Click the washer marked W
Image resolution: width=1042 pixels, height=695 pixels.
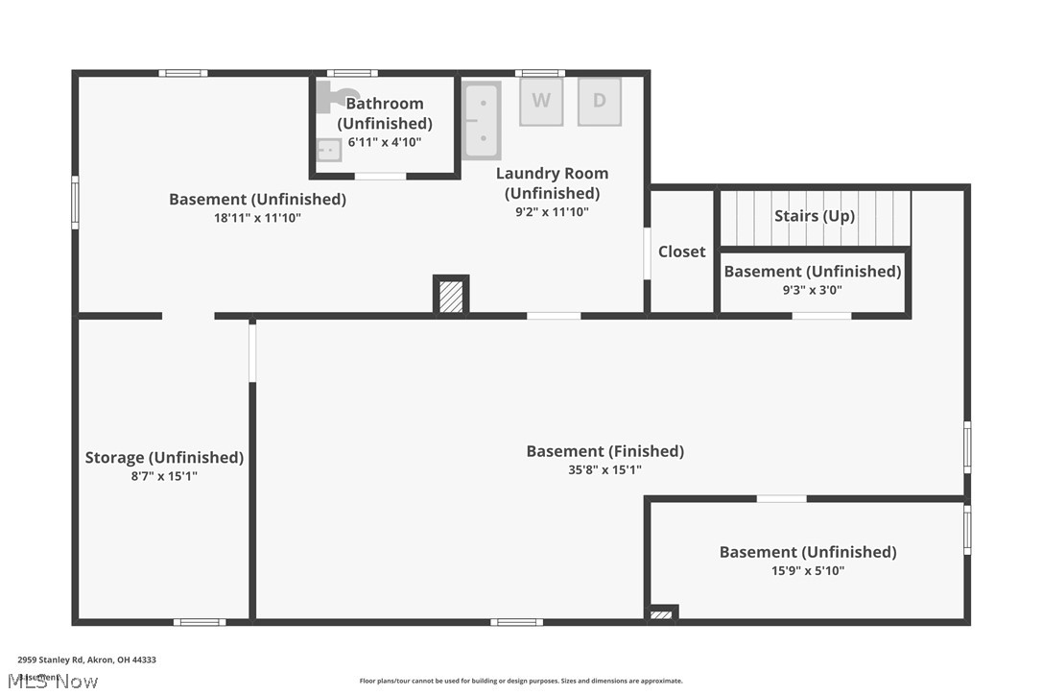coord(541,102)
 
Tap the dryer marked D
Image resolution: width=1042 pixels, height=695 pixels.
coord(599,102)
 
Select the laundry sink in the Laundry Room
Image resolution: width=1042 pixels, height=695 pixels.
coord(482,121)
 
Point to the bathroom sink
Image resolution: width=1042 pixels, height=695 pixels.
coord(329,150)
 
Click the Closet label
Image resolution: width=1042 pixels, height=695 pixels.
coord(681,252)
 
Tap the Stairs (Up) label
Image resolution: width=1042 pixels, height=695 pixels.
coord(814,216)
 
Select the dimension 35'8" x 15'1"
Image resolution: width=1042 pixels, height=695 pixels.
coord(604,470)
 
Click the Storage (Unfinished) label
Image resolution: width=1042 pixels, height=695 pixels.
coord(164,458)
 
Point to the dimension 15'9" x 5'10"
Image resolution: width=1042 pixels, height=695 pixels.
coord(808,571)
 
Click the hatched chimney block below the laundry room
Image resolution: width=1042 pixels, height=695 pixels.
coord(451,296)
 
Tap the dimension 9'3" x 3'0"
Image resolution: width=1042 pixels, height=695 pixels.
coord(812,290)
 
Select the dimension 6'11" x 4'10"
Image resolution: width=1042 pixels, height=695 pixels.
coord(385,142)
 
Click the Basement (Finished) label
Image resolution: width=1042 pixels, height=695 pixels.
coord(604,451)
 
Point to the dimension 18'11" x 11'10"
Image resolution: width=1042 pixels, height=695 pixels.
coord(257,218)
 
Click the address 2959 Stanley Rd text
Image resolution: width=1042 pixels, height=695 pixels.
coord(86,660)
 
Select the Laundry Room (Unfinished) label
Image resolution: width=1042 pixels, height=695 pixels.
coord(552,183)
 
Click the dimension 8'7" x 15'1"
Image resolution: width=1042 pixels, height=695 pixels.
coord(164,476)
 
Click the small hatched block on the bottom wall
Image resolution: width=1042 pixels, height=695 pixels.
coord(662,614)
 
